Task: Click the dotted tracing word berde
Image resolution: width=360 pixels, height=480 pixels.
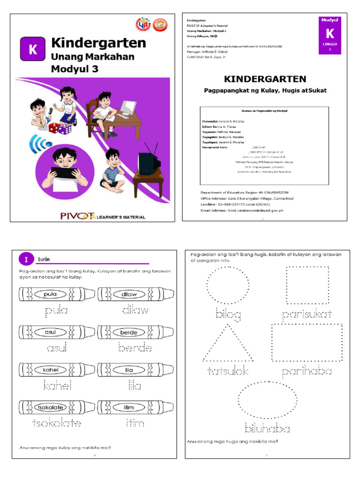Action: click(x=135, y=348)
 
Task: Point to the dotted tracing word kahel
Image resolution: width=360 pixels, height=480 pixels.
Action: click(x=57, y=386)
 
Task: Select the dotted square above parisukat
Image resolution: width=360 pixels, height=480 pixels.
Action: click(x=307, y=286)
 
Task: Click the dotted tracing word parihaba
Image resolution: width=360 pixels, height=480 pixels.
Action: click(x=307, y=372)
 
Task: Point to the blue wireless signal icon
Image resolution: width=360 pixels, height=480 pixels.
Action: click(x=38, y=145)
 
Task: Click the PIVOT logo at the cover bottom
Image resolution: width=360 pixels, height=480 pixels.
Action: click(x=78, y=216)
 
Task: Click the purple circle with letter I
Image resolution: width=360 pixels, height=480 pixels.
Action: click(x=25, y=259)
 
